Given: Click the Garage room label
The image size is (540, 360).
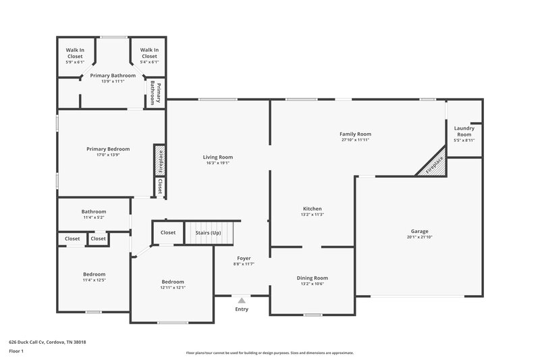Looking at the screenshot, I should coord(419,231).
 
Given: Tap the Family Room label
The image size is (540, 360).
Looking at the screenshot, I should coord(356,134).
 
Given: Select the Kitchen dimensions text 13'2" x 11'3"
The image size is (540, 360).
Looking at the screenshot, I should coord(312,215).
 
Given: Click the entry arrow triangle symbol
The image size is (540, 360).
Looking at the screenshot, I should coord(242,300).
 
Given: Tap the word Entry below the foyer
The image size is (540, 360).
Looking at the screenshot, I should coord(242,309).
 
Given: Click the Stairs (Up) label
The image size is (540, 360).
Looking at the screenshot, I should coord(208,232).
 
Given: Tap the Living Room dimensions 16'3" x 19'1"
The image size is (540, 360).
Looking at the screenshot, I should coord(217,163).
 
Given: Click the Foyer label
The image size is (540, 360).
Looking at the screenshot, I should coord(244,259).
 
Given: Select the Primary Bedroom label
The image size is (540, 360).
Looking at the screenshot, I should coord(108,149).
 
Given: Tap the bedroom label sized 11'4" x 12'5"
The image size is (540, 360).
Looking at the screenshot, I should coord(94,274).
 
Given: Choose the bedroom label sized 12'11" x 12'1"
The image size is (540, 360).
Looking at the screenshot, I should coord(173,282).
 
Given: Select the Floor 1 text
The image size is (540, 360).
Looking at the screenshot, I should coord(16,352).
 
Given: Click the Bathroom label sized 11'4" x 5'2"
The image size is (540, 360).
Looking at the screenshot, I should coord(94,211).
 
